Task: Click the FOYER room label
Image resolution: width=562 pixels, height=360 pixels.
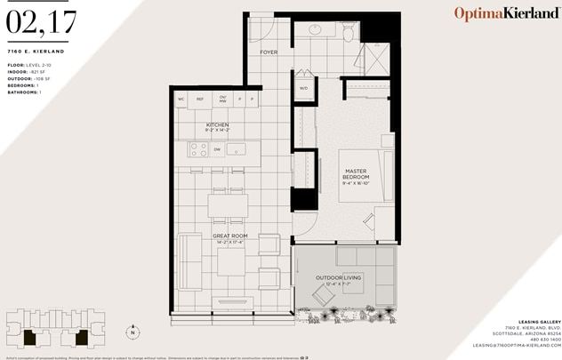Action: pyautogui.click(x=269, y=52)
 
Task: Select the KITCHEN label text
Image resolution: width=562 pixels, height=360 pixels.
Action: pyautogui.click(x=218, y=125)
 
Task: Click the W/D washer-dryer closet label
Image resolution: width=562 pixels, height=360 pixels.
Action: pyautogui.click(x=303, y=88)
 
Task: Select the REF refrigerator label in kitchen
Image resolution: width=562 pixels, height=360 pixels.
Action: pyautogui.click(x=200, y=99)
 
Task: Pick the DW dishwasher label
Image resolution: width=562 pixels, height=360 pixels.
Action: pyautogui.click(x=218, y=149)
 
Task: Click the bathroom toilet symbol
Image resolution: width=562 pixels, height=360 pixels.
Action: pyautogui.click(x=348, y=32)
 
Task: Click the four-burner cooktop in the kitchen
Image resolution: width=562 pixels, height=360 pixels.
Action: pyautogui.click(x=198, y=149)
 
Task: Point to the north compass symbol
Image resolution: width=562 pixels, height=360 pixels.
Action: pyautogui.click(x=133, y=333)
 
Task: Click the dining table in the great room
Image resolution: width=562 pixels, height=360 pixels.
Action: pyautogui.click(x=229, y=206)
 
